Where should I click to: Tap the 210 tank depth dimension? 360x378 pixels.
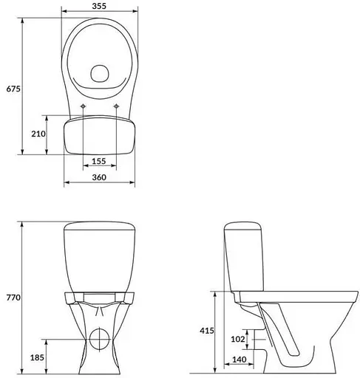(39, 134)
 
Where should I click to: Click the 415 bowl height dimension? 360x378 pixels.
(207, 332)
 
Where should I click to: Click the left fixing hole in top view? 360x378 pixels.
(84, 109)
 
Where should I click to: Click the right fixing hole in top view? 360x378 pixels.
(118, 109)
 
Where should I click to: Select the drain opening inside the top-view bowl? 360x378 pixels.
(100, 73)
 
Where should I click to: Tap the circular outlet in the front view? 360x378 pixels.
(99, 339)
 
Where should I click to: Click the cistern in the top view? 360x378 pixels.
(100, 136)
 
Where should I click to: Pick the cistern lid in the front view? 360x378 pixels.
(100, 227)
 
